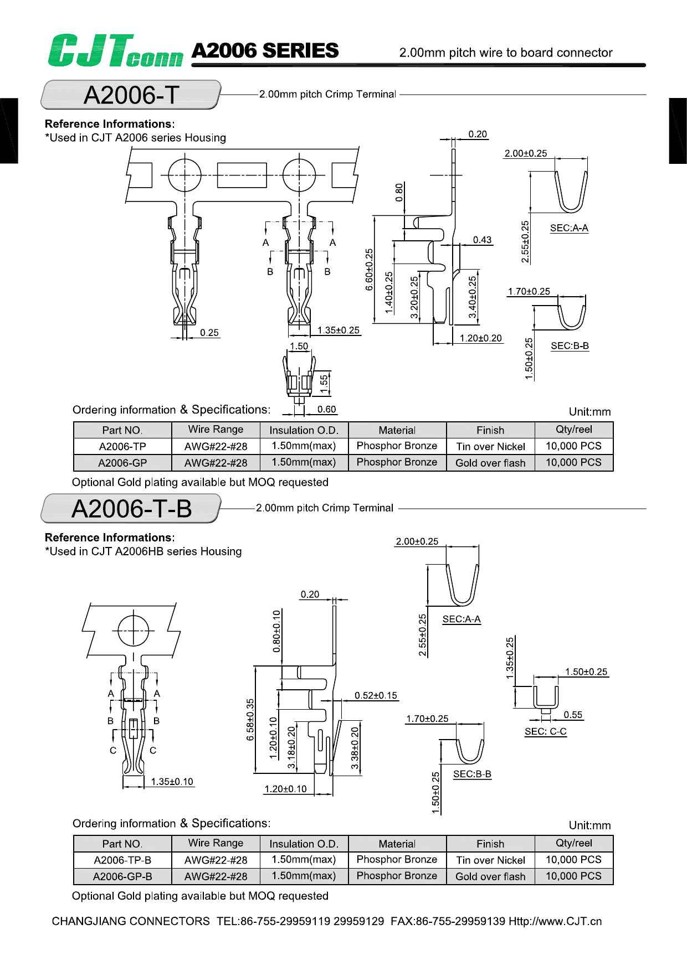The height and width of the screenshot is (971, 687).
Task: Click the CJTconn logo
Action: pos(115,51)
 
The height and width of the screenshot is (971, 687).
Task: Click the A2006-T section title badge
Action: pos(131,95)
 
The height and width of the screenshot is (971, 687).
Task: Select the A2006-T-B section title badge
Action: pos(131,509)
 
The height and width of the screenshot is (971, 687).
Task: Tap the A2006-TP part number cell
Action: pos(122,446)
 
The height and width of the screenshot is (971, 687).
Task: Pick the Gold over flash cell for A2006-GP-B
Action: pos(490,876)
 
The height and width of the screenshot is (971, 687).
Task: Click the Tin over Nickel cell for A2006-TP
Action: pos(490,446)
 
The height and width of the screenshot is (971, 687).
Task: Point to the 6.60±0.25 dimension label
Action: pos(370,270)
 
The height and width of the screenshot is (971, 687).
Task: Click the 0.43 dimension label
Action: pos(482,240)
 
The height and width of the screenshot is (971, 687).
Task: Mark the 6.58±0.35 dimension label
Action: pos(250,719)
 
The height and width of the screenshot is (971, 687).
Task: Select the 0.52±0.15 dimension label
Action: pos(376,695)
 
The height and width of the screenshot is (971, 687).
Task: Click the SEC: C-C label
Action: pos(545,731)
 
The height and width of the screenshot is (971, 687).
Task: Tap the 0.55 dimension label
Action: pos(573,715)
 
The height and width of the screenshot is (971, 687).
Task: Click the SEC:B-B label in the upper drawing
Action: pos(570,345)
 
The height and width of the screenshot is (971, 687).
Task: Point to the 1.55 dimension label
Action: pos(324,382)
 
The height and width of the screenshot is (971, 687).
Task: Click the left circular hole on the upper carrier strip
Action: pos(184,175)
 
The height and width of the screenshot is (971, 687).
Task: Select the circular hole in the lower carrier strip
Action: pos(134,631)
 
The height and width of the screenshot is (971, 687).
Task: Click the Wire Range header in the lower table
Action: pos(216,843)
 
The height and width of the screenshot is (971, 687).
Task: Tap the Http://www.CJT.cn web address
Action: pos(555,921)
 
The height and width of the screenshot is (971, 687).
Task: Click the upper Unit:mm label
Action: pos(589,411)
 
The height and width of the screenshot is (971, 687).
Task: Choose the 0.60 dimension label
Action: pos(326,409)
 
